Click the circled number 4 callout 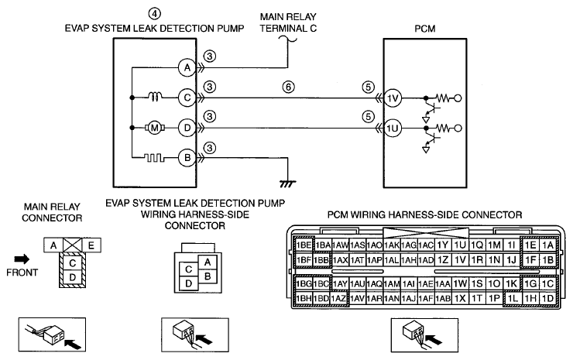[154, 14]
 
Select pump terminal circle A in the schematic [187, 67]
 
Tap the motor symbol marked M [155, 128]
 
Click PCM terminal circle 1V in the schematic [393, 98]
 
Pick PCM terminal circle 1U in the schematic [393, 129]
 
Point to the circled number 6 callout [288, 87]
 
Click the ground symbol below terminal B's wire [288, 183]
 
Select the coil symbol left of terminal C [155, 97]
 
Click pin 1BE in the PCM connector [304, 245]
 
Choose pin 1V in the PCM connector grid [460, 260]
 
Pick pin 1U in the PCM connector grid [460, 245]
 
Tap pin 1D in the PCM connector [547, 299]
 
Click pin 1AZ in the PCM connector [338, 299]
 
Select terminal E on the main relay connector [91, 245]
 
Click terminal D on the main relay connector [72, 277]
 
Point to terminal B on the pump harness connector [208, 276]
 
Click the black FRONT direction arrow [22, 259]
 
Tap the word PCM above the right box [424, 29]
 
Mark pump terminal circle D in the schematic [187, 128]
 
